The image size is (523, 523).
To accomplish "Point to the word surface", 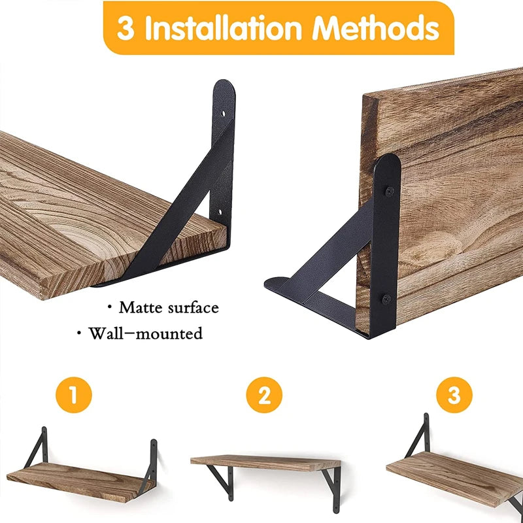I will coord(194,307).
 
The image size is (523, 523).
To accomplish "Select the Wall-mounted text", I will coord(145,334).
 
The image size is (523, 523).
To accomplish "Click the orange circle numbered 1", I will coord(73,396).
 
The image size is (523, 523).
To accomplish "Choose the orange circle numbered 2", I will coord(263,396).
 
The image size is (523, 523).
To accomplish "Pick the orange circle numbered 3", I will coord(454,396).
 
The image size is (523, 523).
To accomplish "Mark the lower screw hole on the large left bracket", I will coord(220,212).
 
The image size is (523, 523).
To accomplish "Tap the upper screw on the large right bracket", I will coord(390,191).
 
